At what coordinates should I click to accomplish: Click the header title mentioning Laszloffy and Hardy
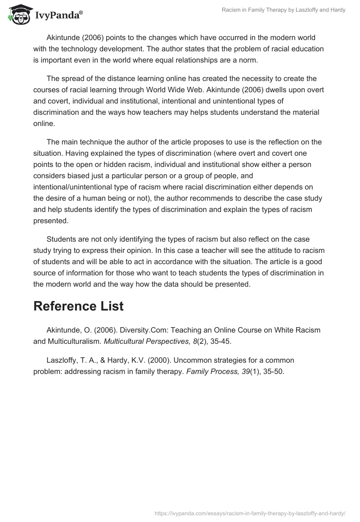(x=283, y=10)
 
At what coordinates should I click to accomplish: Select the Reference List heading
(x=78, y=306)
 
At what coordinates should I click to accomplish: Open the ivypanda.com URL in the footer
(x=250, y=513)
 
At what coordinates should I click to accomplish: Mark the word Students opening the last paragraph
(x=61, y=239)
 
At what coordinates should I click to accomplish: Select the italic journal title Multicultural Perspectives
(x=144, y=341)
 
